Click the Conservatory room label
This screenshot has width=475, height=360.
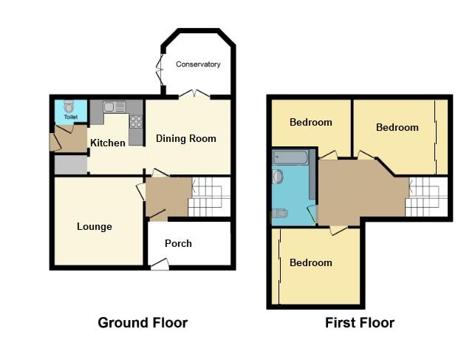pos(198,64)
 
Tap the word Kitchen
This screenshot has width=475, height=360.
pos(107,143)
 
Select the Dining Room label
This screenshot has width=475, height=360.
pos(185,138)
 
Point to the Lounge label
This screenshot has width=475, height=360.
pos(95,226)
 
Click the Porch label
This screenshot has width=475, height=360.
pos(178,243)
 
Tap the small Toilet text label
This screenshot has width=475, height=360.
pos(71,117)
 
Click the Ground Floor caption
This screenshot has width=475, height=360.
pos(143,322)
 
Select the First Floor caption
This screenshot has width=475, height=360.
pos(360,322)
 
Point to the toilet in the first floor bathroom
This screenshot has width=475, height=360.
pos(278,214)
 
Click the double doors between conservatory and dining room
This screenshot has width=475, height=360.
pos(194,94)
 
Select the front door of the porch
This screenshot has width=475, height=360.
pos(160,264)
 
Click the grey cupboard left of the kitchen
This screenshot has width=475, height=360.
pos(71,165)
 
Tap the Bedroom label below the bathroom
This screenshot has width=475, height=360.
pos(310,262)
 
